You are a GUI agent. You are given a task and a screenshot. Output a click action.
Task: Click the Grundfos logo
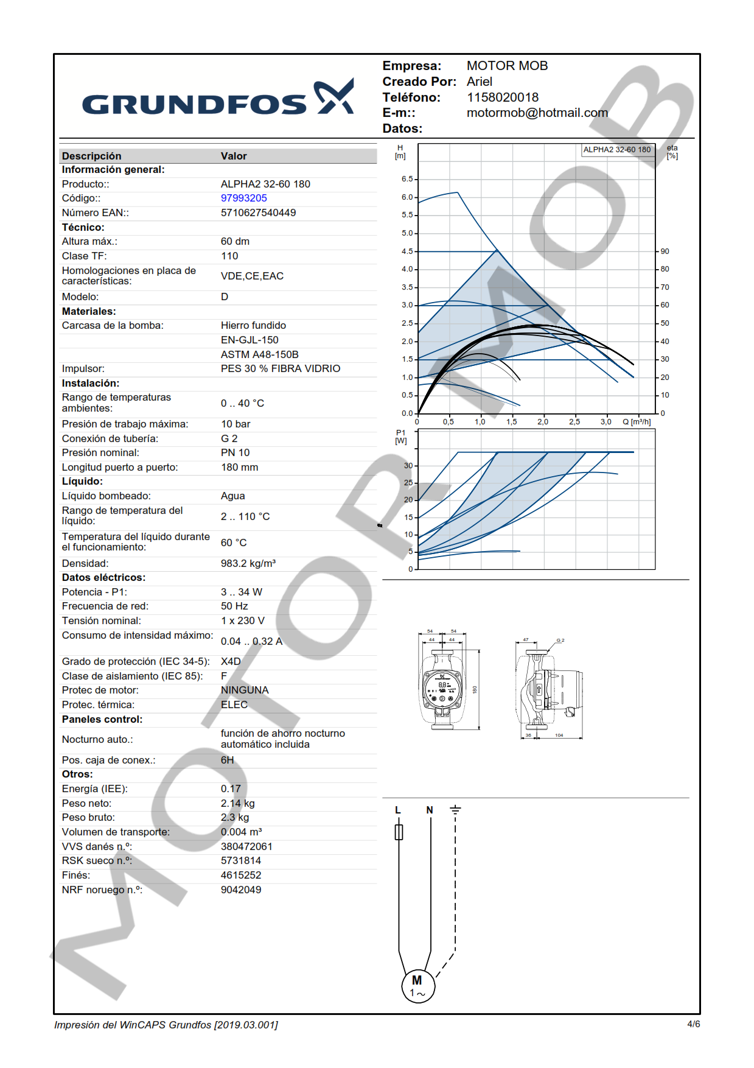coord(217,99)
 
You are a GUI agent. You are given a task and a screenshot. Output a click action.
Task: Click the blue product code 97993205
coord(243,198)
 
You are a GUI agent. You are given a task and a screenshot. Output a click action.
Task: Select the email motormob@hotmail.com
coord(537,113)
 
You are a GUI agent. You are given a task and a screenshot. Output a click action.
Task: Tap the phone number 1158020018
coord(502,97)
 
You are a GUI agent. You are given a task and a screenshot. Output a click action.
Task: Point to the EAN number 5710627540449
coord(258,213)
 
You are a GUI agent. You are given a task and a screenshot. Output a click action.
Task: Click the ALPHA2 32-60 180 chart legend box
coord(616,150)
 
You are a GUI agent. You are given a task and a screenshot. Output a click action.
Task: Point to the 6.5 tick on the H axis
coord(407,179)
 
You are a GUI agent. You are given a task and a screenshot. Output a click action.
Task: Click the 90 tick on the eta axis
coord(665,251)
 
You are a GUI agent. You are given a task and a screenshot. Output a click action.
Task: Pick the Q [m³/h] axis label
coord(637,421)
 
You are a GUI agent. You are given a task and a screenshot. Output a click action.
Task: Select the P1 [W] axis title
coord(400,437)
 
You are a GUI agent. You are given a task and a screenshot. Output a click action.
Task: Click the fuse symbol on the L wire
coord(399,832)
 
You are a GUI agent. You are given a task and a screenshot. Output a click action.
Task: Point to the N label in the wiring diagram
coord(430,810)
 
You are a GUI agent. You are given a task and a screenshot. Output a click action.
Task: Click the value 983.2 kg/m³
coord(248,563)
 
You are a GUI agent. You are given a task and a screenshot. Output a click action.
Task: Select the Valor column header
coord(234,156)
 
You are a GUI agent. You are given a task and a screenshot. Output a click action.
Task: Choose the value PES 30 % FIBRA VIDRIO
coord(280,368)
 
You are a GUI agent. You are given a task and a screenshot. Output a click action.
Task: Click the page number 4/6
coord(693,1024)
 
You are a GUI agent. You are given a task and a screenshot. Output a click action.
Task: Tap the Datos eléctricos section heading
coord(103,577)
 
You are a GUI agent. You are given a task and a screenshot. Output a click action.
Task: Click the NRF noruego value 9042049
coord(241,890)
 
